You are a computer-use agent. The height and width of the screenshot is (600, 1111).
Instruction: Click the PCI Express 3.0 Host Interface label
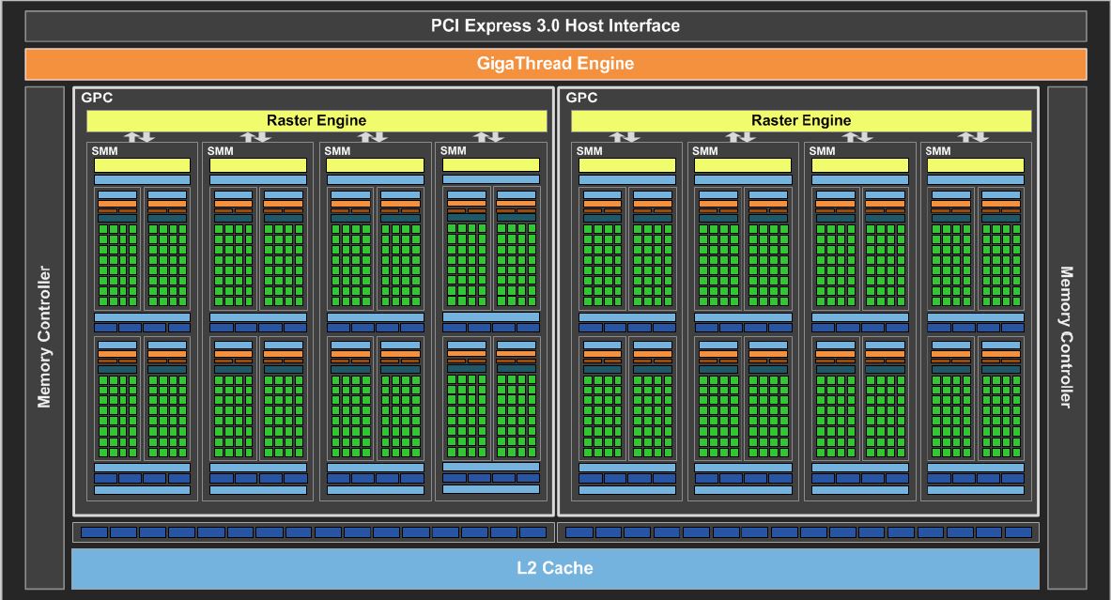555,26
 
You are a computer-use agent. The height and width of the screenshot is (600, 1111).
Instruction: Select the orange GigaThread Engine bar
556,64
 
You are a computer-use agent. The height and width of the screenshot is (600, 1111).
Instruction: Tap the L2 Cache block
555,568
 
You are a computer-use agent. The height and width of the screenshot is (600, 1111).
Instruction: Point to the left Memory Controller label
44,336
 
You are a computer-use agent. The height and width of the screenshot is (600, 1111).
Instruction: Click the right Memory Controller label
1066,336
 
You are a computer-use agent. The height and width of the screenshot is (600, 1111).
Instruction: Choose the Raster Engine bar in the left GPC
316,120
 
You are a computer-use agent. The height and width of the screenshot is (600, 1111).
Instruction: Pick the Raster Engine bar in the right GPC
801,120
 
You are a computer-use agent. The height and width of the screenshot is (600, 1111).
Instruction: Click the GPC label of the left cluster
97,98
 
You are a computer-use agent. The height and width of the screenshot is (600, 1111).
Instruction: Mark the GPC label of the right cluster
581,98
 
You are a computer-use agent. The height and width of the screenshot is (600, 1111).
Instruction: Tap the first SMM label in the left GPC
105,151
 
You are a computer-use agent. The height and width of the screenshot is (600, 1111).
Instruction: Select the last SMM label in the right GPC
938,151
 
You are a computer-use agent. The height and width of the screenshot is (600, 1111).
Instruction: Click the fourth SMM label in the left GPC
454,151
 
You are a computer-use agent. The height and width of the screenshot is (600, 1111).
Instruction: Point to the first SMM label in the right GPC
590,151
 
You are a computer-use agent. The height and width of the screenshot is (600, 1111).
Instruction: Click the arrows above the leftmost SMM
140,137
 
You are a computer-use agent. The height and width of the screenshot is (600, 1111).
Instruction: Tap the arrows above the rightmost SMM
973,137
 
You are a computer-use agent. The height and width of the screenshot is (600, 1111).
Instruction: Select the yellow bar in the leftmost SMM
143,165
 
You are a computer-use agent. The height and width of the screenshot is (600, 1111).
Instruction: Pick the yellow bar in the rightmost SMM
976,165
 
